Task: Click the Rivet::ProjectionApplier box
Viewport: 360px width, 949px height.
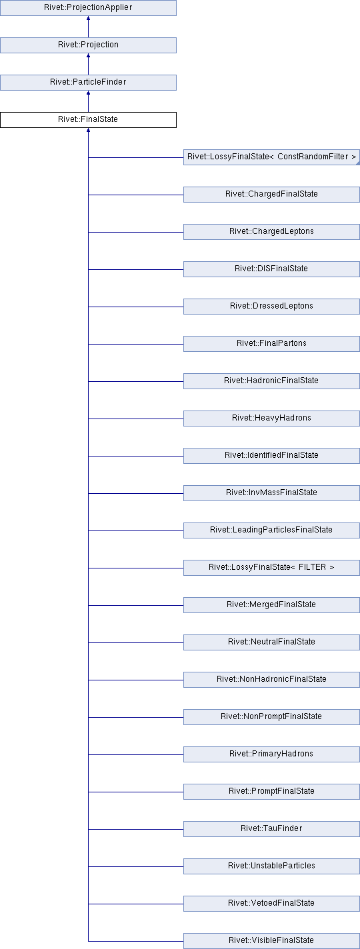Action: (88, 7)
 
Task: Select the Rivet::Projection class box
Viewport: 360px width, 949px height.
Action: (88, 45)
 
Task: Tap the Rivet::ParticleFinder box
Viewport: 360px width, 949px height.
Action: (88, 82)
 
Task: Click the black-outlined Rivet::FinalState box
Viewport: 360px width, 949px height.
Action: (88, 119)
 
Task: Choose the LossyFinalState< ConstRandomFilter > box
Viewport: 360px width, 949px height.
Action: (271, 157)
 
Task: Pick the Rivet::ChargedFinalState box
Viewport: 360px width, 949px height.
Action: (271, 194)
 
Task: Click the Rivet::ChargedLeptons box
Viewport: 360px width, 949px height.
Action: (271, 231)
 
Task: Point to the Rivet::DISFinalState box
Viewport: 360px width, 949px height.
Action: (271, 269)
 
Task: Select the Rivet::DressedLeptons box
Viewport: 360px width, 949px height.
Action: (271, 306)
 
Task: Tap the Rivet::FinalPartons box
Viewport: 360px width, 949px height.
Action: (271, 343)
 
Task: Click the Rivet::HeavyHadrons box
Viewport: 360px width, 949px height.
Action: (271, 418)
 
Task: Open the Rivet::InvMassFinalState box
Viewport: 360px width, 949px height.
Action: (271, 492)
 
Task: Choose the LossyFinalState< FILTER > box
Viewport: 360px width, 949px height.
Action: (271, 567)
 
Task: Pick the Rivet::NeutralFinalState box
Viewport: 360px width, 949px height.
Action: (271, 641)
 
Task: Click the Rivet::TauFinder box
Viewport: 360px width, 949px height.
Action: (271, 828)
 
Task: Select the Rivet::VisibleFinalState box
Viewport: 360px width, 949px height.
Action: (271, 940)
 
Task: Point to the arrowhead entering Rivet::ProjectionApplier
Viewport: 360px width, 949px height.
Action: (88, 18)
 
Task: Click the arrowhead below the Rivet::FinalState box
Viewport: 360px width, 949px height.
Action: (88, 130)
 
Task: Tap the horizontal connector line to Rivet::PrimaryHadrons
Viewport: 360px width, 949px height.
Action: (136, 754)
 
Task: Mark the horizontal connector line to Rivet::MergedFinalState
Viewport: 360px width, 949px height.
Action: (136, 605)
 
